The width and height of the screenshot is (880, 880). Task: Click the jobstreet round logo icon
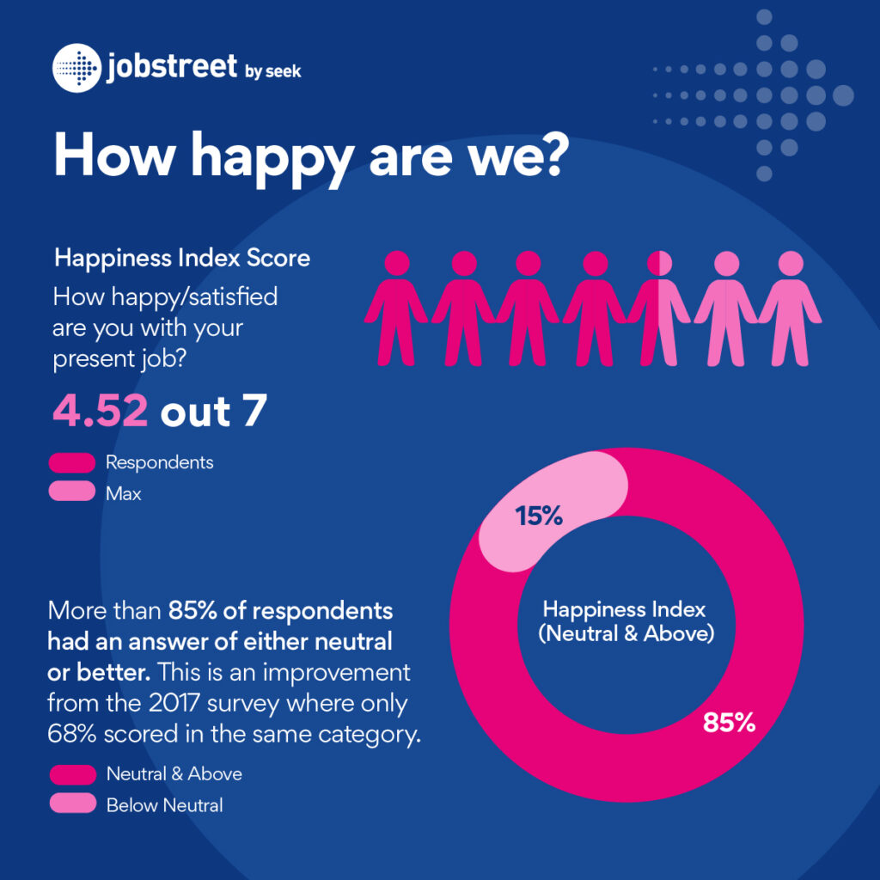pos(76,67)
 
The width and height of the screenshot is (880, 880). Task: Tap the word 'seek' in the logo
pos(284,71)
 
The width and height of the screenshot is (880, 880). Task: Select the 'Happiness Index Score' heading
pos(182,257)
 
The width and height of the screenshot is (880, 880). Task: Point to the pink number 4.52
pos(101,411)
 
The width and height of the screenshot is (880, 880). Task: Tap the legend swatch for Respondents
pos(72,463)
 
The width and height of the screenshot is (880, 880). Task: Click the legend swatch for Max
pos(72,493)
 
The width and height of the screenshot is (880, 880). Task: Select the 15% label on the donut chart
pos(539,516)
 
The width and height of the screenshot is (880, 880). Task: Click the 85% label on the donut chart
pos(729,723)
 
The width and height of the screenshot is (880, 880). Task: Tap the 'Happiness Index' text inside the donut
pos(624,610)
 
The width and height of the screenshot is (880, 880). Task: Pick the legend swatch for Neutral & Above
pos(72,774)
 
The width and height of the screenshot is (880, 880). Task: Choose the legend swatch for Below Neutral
pos(72,804)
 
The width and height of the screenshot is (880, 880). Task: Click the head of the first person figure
pos(397,264)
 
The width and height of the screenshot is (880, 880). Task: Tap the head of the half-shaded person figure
pos(659,264)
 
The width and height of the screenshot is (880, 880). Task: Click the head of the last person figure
pos(791,264)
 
